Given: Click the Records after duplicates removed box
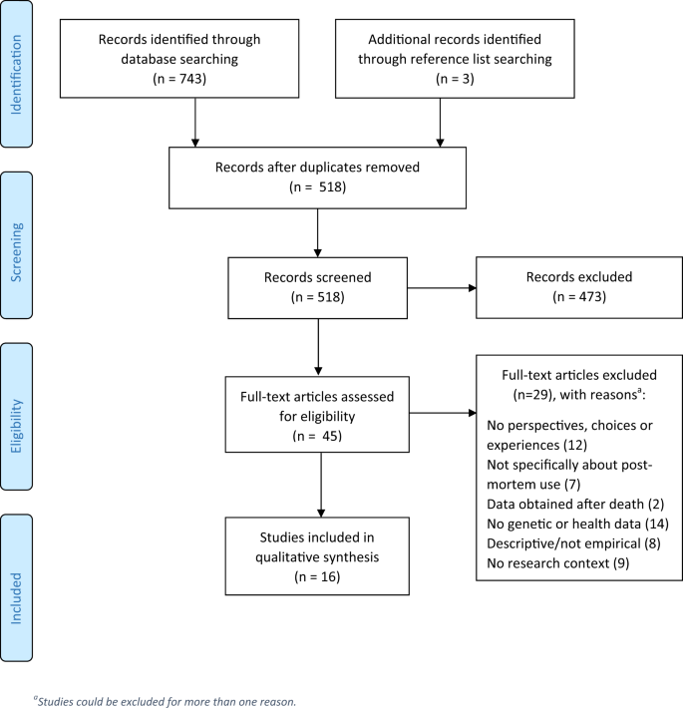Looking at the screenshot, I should click(x=316, y=177).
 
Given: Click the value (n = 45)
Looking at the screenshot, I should click(x=316, y=435).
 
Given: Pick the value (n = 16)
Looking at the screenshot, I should click(x=316, y=575).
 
